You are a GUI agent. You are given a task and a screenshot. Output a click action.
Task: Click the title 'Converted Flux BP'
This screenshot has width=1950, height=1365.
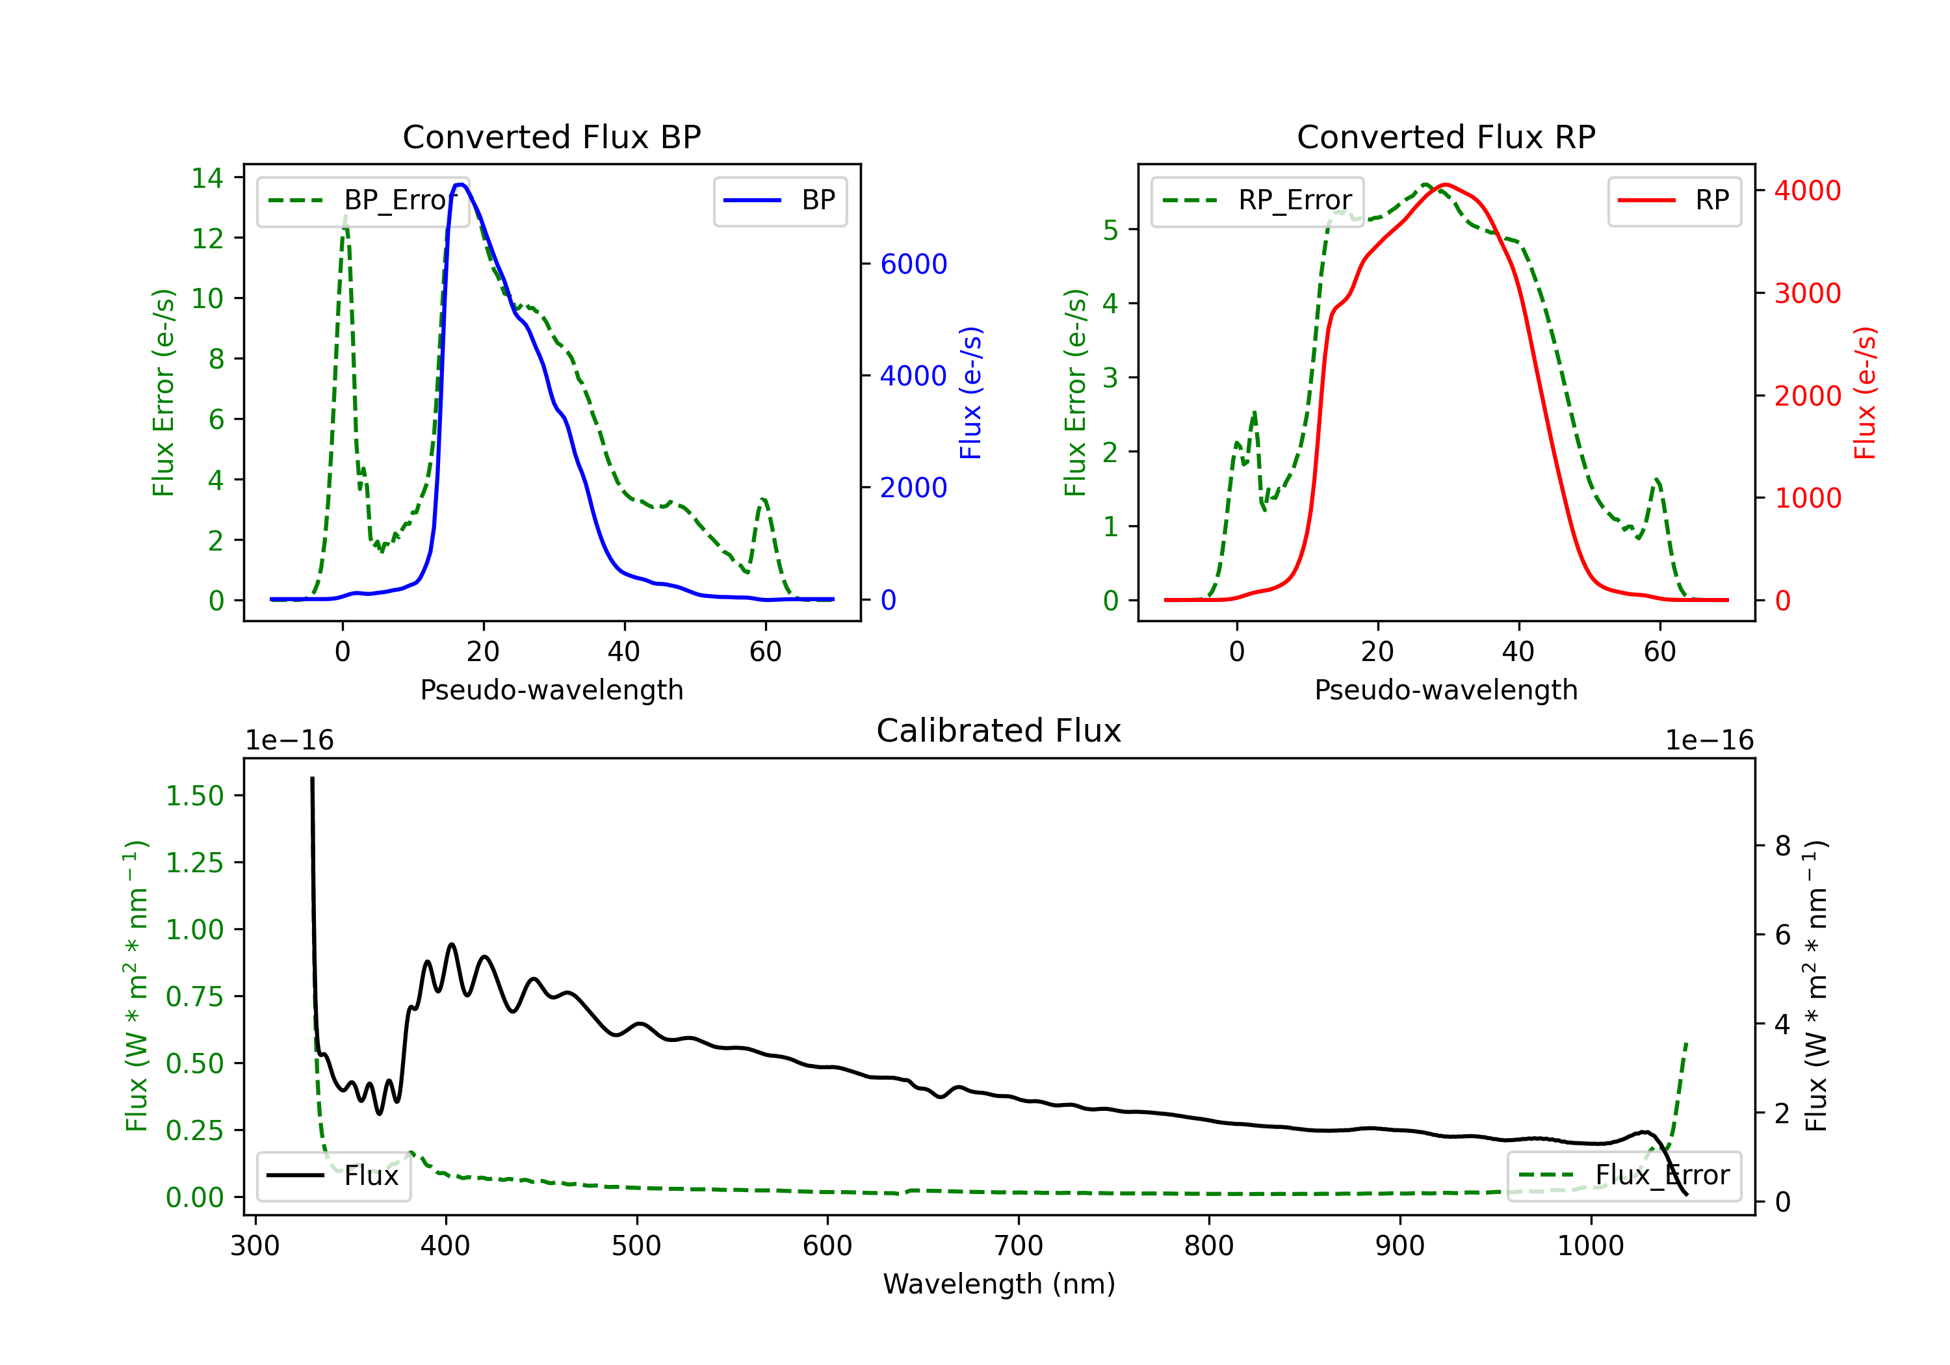click(x=551, y=136)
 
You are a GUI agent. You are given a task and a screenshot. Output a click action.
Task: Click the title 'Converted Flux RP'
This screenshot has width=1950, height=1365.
click(x=1446, y=136)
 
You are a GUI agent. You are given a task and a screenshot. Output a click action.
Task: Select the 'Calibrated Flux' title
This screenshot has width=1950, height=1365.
click(x=999, y=731)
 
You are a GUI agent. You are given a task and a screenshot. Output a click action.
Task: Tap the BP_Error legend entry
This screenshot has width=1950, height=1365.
click(x=363, y=200)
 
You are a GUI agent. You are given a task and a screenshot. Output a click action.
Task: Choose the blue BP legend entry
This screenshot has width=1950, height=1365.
click(x=779, y=200)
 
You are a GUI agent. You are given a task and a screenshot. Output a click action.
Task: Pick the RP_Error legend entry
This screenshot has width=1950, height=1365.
click(x=1257, y=200)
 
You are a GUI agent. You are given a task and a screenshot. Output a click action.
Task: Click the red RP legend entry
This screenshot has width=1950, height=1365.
click(x=1674, y=200)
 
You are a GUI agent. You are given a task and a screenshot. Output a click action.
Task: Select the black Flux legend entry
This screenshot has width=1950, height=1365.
click(x=333, y=1176)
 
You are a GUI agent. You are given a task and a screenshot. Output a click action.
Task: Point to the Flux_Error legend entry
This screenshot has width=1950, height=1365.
click(x=1624, y=1176)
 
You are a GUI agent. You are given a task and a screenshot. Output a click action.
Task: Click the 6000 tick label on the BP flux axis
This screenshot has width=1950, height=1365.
click(x=914, y=264)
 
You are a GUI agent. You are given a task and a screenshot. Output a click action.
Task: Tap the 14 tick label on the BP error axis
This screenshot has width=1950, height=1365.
click(x=207, y=177)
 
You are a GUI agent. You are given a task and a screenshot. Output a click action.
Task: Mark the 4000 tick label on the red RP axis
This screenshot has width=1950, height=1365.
click(x=1808, y=190)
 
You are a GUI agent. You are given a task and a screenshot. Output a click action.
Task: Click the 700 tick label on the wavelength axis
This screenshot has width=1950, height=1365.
click(x=1019, y=1246)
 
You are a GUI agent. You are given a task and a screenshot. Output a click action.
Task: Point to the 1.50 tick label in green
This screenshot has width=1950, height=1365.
click(x=194, y=796)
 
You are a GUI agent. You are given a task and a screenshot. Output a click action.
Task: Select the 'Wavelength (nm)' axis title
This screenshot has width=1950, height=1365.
click(x=999, y=1284)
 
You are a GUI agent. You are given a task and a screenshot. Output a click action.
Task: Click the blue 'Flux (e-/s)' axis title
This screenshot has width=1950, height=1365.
click(x=970, y=393)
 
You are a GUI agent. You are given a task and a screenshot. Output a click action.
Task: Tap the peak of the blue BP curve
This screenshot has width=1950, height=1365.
click(x=460, y=185)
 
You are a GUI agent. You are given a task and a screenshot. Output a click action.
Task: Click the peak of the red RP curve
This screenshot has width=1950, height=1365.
click(x=1446, y=185)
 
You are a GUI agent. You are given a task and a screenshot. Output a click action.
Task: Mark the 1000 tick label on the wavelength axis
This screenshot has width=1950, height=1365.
click(x=1591, y=1246)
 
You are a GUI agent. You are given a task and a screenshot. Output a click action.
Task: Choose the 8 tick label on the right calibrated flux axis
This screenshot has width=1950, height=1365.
click(x=1783, y=846)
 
